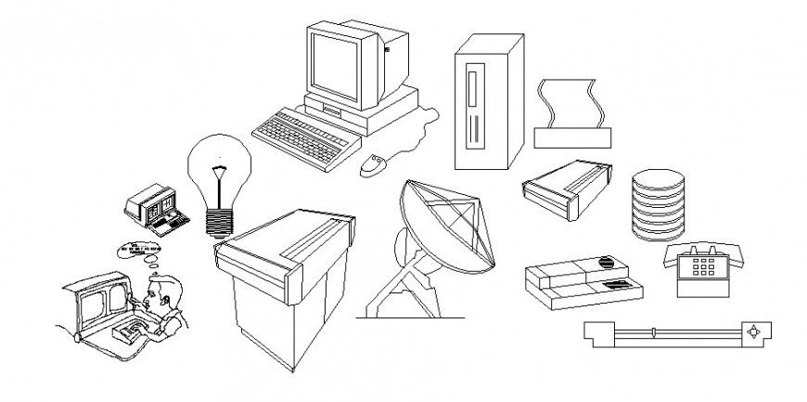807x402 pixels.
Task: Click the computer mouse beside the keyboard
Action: click(x=373, y=165)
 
